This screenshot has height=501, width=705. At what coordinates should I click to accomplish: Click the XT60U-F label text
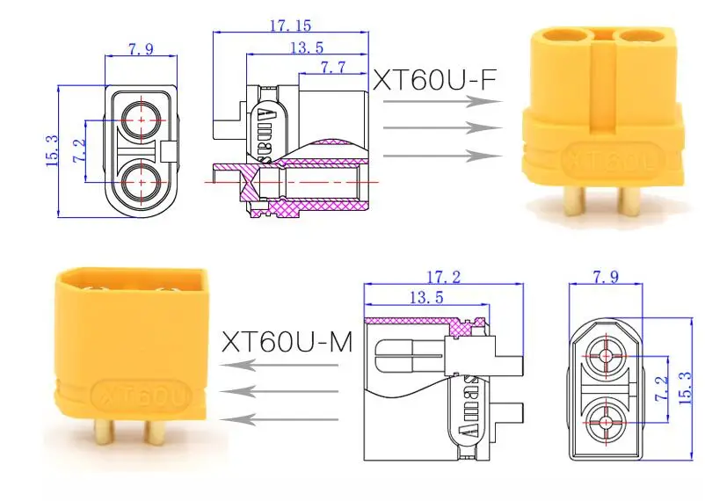coord(434,80)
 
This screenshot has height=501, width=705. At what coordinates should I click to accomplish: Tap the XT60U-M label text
coord(287,342)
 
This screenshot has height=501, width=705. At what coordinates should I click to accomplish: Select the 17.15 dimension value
coord(290,25)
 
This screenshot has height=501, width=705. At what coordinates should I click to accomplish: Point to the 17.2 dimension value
coord(443,277)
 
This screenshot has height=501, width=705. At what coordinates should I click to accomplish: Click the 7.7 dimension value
coord(333,67)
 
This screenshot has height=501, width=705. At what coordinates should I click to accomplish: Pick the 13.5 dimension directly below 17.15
coord(307,47)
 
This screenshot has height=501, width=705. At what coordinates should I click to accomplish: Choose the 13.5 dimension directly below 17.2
coord(426,297)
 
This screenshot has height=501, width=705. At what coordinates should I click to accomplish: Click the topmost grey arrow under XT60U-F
coord(442,101)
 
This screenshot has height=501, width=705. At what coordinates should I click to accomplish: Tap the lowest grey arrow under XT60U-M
coord(279,420)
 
